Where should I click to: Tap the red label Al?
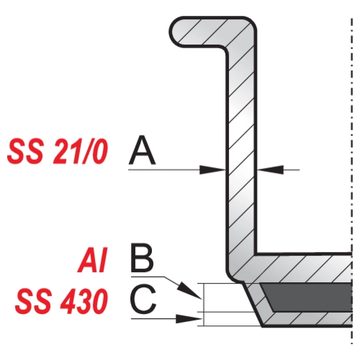click(x=92, y=260)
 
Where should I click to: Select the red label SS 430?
click(x=61, y=301)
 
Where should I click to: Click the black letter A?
click(x=142, y=150)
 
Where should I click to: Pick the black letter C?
click(x=143, y=299)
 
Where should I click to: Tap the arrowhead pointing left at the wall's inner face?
click(x=270, y=170)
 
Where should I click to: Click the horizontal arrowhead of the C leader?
click(x=189, y=319)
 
